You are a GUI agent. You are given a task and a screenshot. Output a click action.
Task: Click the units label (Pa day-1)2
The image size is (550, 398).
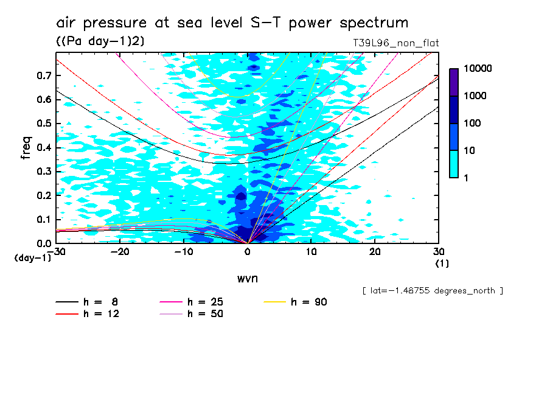[x=100, y=41]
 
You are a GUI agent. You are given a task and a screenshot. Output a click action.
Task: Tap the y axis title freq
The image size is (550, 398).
[x=26, y=147]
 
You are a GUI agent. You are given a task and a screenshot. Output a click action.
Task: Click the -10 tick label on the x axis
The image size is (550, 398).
[x=184, y=252]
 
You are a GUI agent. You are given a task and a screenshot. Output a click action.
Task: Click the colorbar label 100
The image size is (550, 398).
[x=473, y=124]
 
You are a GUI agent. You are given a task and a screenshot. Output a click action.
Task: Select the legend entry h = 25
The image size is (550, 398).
[x=205, y=302]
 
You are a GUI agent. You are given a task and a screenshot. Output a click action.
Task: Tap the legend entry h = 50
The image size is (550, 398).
[x=205, y=314]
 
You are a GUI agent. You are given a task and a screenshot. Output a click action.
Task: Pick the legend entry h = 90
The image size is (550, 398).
[x=309, y=302]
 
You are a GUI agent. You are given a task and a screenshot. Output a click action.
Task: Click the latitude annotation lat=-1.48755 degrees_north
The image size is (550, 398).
[x=432, y=290]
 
